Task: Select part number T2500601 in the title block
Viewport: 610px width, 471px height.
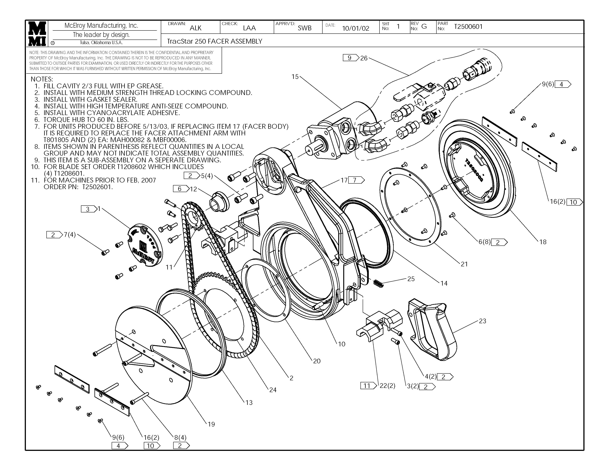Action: click(x=468, y=27)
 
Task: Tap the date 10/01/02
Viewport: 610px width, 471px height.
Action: click(x=355, y=28)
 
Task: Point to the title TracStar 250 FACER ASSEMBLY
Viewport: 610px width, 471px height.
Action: click(x=214, y=42)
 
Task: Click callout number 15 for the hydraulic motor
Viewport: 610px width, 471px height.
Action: click(x=295, y=77)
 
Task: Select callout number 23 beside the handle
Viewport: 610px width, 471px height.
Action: click(x=482, y=321)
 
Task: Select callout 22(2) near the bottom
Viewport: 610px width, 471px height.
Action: click(x=387, y=386)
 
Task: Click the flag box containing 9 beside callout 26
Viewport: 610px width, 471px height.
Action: click(x=350, y=58)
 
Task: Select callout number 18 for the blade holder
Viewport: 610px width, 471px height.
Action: click(x=543, y=242)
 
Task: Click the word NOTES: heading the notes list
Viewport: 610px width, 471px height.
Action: click(x=42, y=79)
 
